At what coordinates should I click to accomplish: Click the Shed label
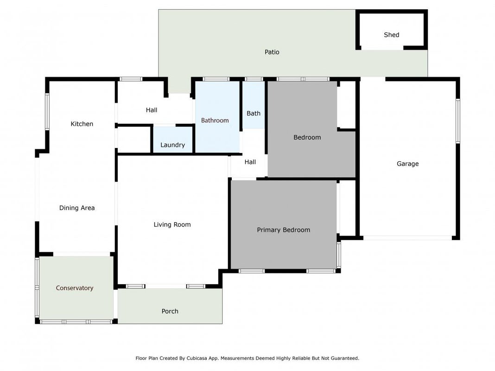tap(392, 35)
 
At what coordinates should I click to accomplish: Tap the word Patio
tap(272, 52)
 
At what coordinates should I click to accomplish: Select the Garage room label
tap(407, 164)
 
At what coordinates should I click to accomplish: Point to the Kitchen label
tap(82, 124)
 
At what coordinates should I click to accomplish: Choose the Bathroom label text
tap(215, 120)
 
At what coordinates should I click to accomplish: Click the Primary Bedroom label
tap(284, 230)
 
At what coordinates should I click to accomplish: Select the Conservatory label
tap(75, 288)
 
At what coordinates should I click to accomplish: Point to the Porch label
tap(170, 311)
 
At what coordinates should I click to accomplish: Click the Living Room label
tap(172, 224)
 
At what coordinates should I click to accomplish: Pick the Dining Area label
tap(77, 208)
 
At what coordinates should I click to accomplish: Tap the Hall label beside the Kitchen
tap(152, 110)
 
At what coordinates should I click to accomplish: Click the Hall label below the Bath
tap(250, 162)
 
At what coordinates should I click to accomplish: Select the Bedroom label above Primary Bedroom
tap(307, 137)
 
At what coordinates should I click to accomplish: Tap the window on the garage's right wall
tap(458, 121)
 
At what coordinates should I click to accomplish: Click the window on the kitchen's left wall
tap(47, 111)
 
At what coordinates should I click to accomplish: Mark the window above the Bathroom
tap(216, 79)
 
